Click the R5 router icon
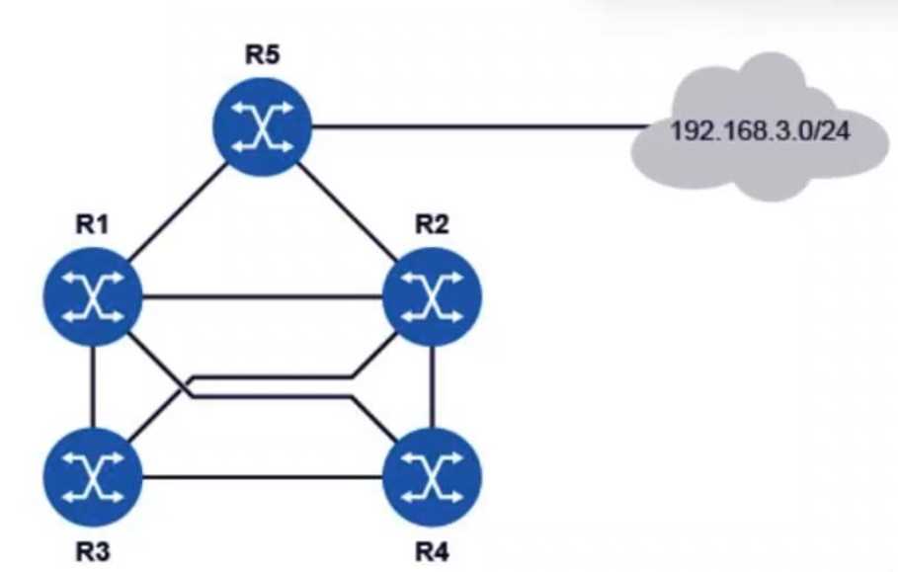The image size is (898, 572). click(262, 126)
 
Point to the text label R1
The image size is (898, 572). click(93, 224)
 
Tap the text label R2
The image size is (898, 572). click(432, 224)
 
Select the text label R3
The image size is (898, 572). click(93, 549)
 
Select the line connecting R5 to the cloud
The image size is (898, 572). click(474, 126)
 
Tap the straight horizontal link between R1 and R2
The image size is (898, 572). click(262, 294)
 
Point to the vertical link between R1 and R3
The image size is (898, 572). click(93, 387)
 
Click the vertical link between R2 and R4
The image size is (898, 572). click(432, 387)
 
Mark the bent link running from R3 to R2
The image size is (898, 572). click(267, 376)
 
